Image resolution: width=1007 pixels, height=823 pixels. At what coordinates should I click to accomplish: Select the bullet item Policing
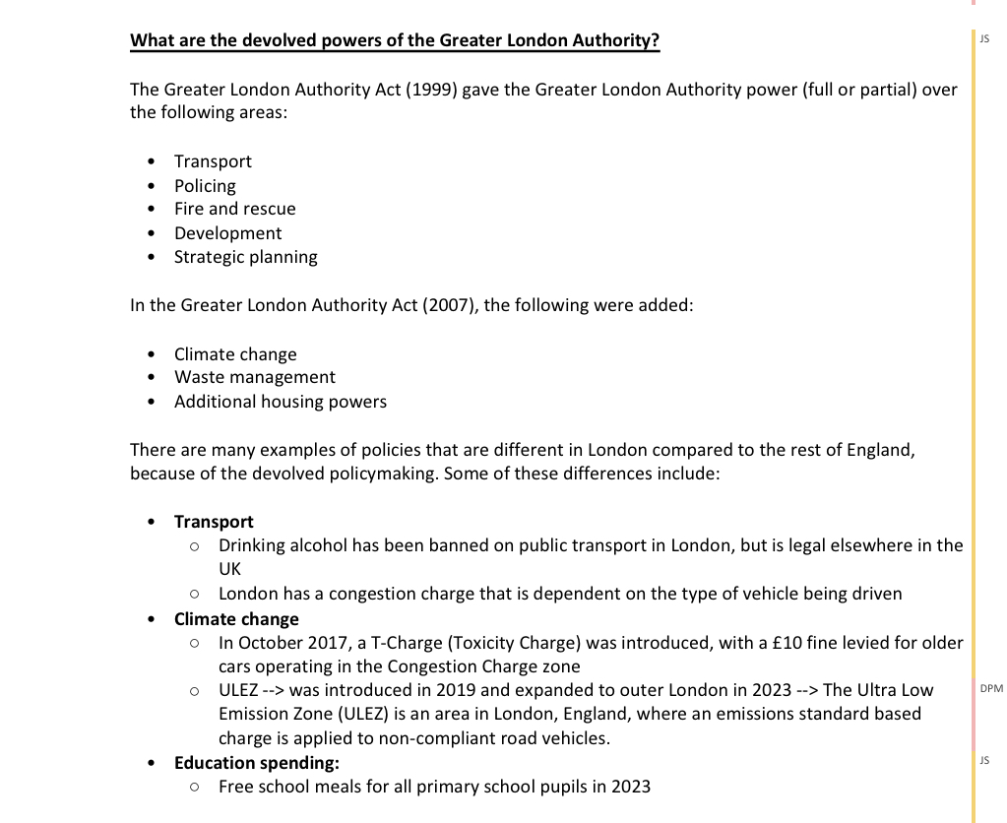(205, 186)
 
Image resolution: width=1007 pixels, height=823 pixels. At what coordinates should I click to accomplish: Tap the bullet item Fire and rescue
(234, 209)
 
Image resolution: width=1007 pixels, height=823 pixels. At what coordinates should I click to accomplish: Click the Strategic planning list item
(245, 257)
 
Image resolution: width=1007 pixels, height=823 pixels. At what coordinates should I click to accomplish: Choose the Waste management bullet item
(254, 377)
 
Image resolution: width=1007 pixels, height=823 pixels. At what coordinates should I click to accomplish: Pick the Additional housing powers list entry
(280, 402)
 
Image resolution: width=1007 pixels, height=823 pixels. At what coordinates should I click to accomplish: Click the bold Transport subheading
(214, 522)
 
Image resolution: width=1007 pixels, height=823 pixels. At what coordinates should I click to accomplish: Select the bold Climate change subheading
(236, 619)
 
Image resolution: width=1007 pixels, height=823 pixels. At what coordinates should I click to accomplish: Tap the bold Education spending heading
(256, 763)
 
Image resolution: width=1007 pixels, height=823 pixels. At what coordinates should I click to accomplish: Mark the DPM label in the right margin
(991, 689)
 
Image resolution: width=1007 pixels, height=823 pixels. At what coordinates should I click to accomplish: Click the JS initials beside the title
(984, 38)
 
